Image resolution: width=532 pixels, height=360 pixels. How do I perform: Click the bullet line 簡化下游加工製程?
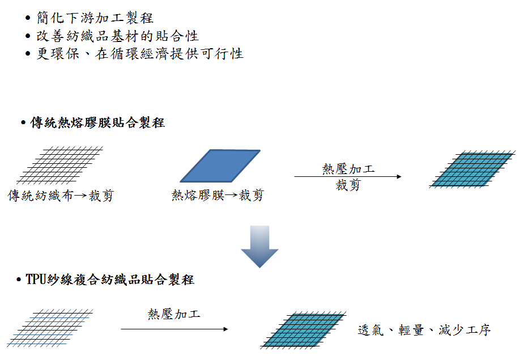[x=95, y=18]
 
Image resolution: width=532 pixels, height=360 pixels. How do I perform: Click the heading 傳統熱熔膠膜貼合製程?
[x=97, y=122]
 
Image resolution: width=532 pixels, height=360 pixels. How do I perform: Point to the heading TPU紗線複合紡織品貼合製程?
[x=110, y=279]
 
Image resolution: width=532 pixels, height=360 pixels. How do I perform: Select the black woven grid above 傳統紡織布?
[x=60, y=165]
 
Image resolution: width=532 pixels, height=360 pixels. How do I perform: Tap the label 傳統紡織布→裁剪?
[x=60, y=196]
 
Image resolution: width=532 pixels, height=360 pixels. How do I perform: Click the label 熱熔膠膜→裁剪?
[x=218, y=196]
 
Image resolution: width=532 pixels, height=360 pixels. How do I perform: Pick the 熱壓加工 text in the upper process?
[x=348, y=169]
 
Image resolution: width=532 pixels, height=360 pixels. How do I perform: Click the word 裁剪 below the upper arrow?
[x=348, y=185]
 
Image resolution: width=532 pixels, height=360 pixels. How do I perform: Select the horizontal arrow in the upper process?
[x=347, y=177]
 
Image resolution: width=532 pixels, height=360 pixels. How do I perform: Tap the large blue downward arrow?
[x=259, y=246]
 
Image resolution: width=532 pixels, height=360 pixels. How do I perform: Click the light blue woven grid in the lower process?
[x=52, y=327]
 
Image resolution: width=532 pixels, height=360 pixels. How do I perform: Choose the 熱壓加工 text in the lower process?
[x=174, y=314]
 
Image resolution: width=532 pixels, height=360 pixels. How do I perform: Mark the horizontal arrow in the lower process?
[x=174, y=329]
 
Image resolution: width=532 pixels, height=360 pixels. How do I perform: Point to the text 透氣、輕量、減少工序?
[x=424, y=330]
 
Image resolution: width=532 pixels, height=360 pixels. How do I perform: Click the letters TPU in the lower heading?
[x=36, y=279]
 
